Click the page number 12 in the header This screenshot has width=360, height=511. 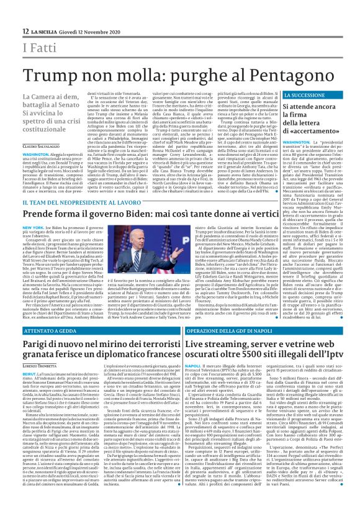click(x=25, y=31)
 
